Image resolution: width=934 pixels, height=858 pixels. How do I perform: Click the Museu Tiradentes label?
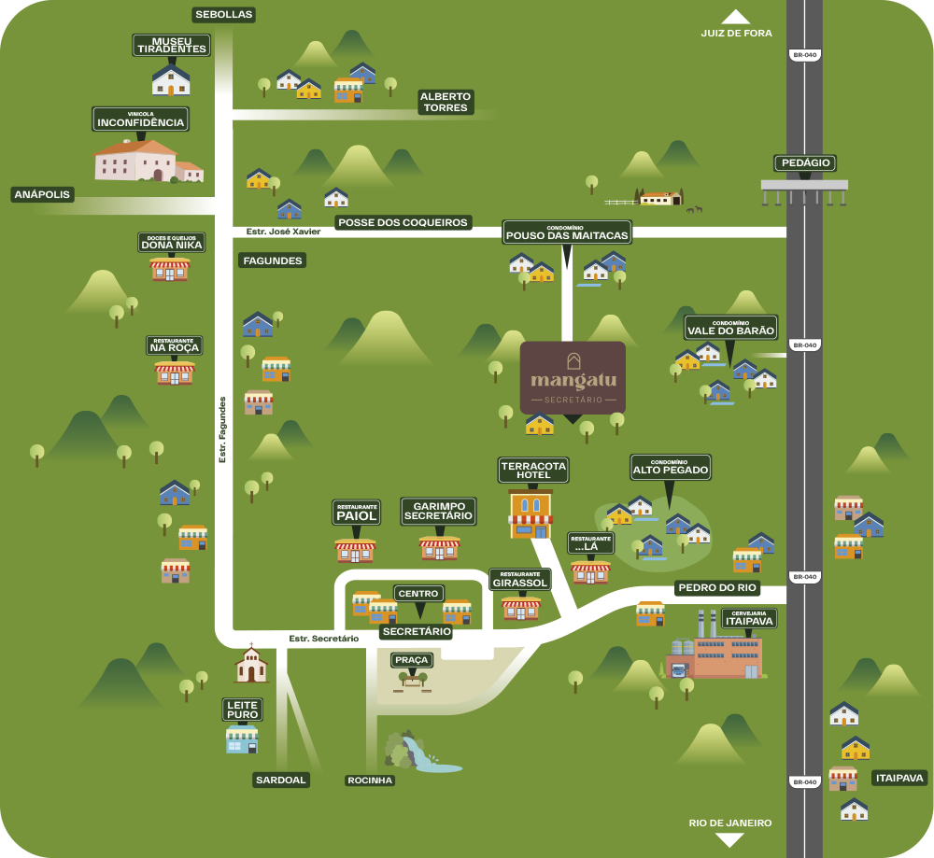[x=171, y=44]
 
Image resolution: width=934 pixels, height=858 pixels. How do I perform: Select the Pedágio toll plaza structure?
[x=804, y=190]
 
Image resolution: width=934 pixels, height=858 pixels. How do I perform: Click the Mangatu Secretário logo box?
[x=573, y=377]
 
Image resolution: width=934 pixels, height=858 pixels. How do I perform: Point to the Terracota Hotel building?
[x=531, y=513]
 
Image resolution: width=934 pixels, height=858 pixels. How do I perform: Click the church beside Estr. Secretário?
[x=250, y=665]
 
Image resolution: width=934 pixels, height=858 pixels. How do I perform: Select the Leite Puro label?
[x=241, y=710]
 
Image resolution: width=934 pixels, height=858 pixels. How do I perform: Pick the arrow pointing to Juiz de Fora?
[x=736, y=17]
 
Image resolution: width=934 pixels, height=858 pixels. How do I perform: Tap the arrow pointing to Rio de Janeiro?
[x=729, y=839]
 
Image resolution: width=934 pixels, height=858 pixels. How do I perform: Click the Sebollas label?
[x=224, y=15]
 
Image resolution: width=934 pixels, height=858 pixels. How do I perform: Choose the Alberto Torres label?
[x=446, y=102]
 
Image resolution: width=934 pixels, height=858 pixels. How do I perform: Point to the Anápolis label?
[x=42, y=194]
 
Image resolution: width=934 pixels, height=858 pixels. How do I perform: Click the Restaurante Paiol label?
[x=356, y=513]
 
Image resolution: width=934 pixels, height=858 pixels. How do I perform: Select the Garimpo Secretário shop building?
[x=439, y=547]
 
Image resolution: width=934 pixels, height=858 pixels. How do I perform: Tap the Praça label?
[x=411, y=660]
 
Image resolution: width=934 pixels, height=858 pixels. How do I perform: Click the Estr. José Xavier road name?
[x=283, y=232]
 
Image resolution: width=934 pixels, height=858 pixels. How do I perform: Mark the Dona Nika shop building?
[x=170, y=269]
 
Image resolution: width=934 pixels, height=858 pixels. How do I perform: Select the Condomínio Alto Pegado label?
[x=671, y=467]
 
